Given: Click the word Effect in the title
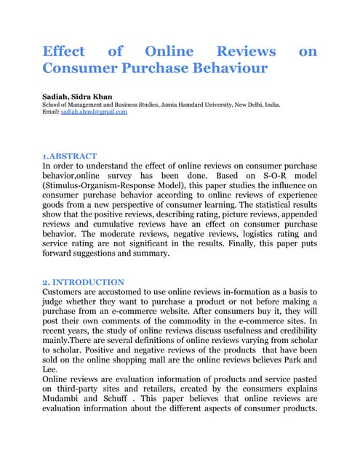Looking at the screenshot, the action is click(x=64, y=52).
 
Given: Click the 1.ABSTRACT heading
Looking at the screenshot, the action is click(x=71, y=155).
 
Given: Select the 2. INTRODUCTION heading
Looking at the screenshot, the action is click(x=84, y=282).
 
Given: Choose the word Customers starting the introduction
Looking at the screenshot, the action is click(x=68, y=292).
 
